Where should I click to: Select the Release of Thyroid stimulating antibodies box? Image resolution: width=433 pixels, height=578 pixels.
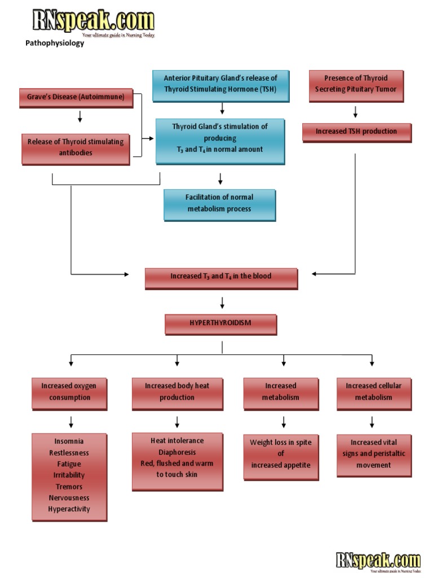click(x=76, y=147)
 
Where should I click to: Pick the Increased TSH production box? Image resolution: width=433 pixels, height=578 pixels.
click(x=356, y=132)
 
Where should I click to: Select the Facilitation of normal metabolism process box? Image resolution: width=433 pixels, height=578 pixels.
click(x=219, y=203)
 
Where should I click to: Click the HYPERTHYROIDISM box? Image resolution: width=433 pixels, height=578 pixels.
click(x=220, y=323)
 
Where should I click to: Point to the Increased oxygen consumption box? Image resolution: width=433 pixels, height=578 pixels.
click(x=69, y=392)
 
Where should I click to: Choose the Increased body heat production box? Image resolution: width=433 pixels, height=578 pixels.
click(x=177, y=392)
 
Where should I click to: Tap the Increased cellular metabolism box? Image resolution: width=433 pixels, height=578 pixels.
click(x=373, y=392)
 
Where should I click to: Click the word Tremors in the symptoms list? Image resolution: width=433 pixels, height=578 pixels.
click(x=69, y=487)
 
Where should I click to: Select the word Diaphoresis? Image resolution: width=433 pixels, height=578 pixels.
click(x=177, y=452)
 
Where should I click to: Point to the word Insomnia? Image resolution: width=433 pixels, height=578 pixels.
click(x=69, y=441)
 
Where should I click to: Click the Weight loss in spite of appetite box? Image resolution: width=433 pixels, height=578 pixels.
click(x=281, y=454)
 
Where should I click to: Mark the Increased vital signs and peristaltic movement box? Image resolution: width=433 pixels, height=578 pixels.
click(x=373, y=454)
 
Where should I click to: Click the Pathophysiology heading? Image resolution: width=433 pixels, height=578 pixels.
click(x=55, y=43)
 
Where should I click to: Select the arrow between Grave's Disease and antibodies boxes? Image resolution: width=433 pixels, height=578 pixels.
click(x=79, y=116)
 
